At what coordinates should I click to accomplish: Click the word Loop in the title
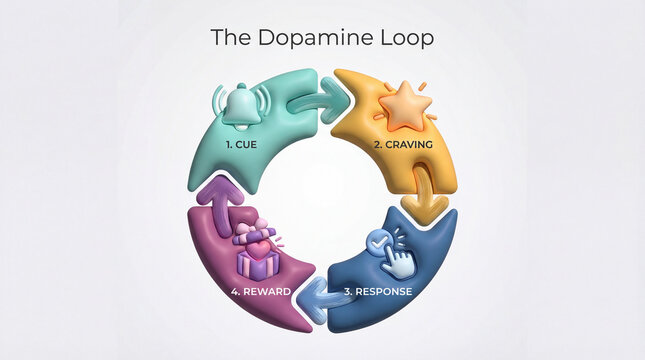pos(407,38)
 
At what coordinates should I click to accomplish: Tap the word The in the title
pos(227,38)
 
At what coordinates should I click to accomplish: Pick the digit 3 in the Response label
pos(346,292)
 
